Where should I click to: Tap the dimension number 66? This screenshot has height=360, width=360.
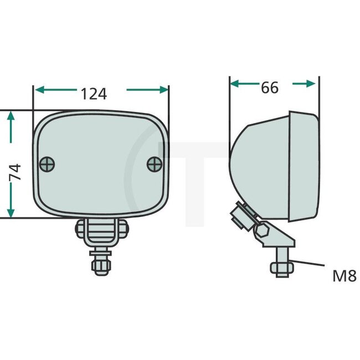269,88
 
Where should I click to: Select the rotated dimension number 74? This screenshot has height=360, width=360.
16,172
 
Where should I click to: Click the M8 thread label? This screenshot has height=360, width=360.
343,276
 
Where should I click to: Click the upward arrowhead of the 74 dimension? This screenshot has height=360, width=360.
11,115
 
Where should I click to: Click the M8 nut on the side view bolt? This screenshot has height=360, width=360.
281,268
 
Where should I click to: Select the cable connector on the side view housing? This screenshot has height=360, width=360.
240,217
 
